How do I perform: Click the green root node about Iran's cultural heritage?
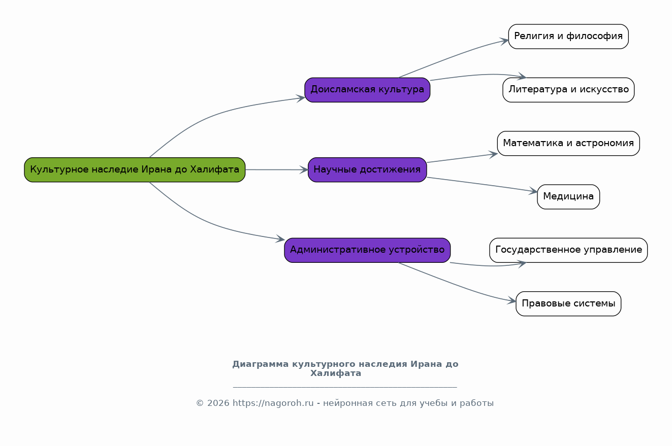tap(135, 169)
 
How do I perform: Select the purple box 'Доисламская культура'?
tap(367, 90)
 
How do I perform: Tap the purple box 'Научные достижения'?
tap(367, 169)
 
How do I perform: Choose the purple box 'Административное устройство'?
tap(367, 250)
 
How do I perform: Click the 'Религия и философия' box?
tap(568, 37)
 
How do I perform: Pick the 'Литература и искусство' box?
tap(568, 90)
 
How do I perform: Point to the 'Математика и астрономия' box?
tap(568, 143)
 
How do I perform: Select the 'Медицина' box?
tap(568, 197)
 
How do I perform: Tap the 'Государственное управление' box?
tap(568, 250)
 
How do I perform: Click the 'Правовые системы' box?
tap(568, 303)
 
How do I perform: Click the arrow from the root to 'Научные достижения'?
tap(277, 169)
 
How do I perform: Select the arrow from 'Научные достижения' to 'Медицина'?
tap(482, 184)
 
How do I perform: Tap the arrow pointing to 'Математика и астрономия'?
tap(462, 158)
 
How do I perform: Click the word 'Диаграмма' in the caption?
tap(261, 364)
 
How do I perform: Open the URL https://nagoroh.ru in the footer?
tap(273, 403)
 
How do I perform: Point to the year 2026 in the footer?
tap(218, 403)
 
